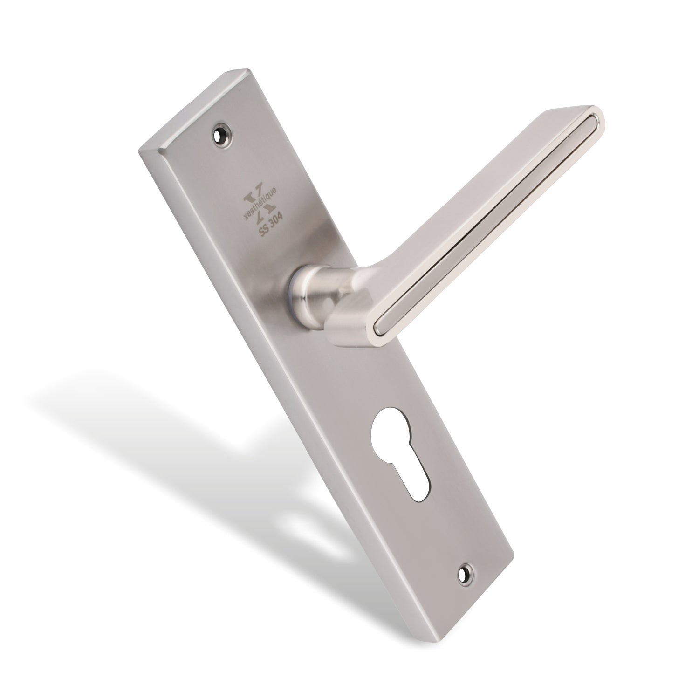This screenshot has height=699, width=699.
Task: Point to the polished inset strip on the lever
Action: coord(485,224)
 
